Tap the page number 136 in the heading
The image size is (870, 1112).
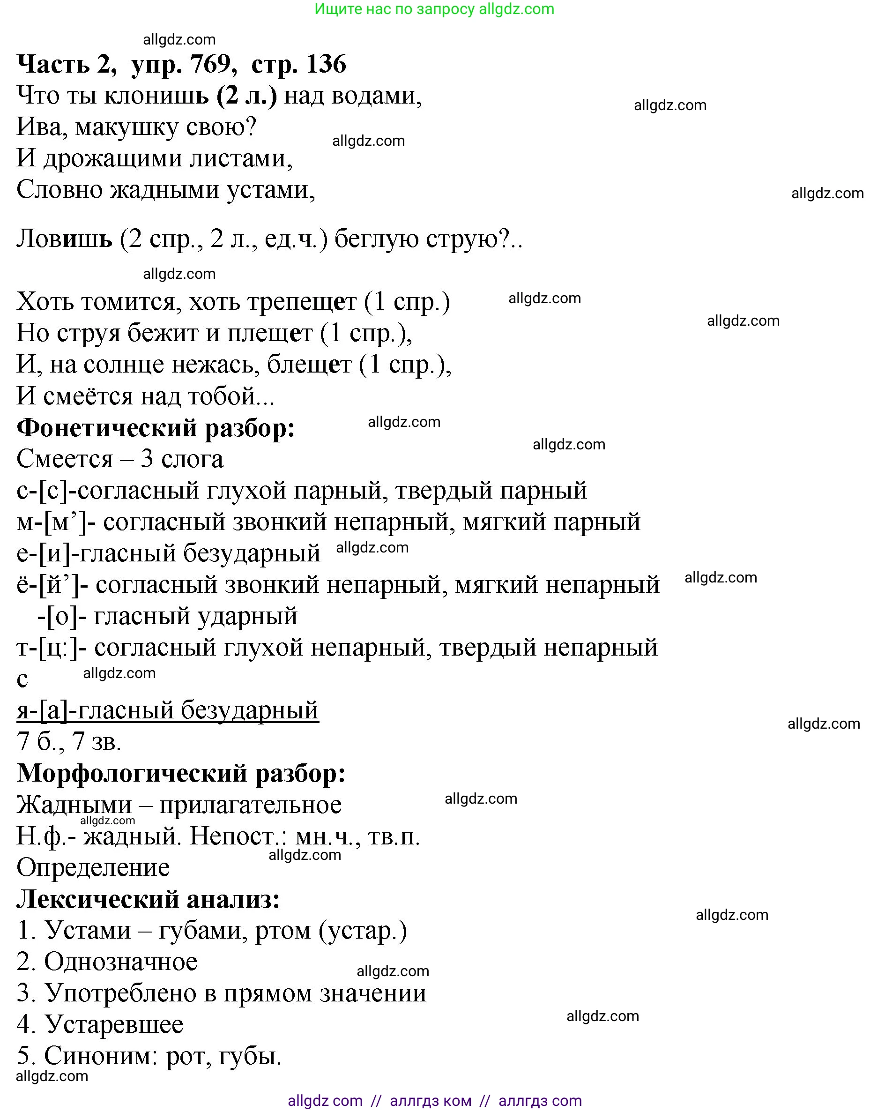click(327, 64)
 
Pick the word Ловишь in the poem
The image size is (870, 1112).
click(64, 239)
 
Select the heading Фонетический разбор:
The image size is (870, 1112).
click(156, 428)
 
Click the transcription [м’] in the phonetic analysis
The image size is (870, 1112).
click(65, 522)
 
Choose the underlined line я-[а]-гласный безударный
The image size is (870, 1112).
click(168, 710)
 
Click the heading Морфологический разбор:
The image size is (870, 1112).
click(181, 773)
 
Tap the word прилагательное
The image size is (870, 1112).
click(250, 806)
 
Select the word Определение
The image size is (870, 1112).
click(93, 867)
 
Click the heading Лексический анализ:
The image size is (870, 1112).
click(148, 899)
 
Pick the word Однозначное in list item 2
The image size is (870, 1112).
click(121, 962)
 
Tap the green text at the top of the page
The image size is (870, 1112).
click(434, 9)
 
